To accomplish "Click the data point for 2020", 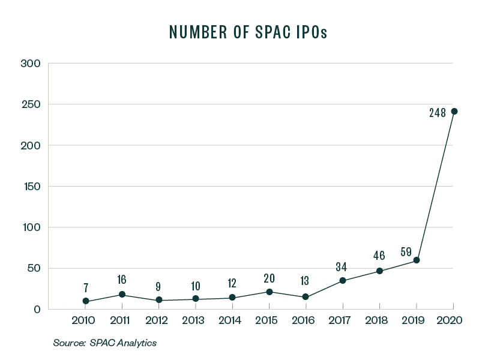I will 454,111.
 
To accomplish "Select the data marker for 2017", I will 342,281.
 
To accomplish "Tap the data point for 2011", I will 122,295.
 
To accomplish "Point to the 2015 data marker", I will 270,292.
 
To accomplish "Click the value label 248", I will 437,112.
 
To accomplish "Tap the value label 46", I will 379,255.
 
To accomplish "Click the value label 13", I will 306,281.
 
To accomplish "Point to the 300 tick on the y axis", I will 30,64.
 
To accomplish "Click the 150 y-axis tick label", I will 31,187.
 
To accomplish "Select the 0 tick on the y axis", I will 37,310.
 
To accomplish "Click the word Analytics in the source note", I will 136,343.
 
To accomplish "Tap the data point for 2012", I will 159,299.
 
